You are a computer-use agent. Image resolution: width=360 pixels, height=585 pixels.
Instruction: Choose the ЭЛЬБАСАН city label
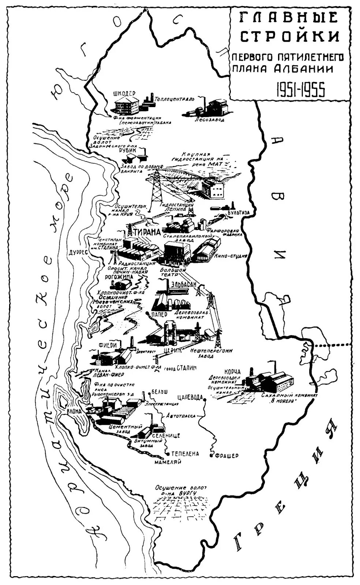184,284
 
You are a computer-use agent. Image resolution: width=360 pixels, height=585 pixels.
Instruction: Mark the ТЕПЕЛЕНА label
184,454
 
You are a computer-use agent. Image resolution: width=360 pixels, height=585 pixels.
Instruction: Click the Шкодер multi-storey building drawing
127,105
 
